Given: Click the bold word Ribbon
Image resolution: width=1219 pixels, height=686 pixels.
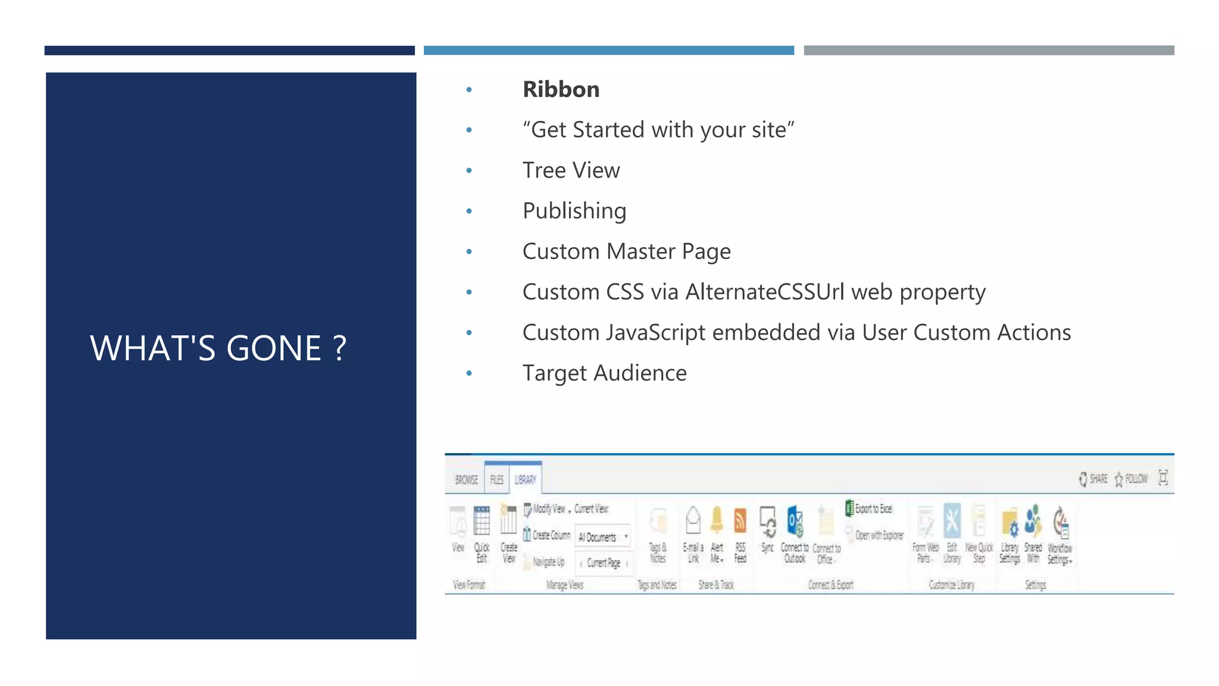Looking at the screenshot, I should click(x=561, y=89).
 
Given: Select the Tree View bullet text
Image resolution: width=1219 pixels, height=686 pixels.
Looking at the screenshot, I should click(x=571, y=170).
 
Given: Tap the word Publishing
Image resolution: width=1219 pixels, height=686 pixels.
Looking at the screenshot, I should click(x=574, y=211).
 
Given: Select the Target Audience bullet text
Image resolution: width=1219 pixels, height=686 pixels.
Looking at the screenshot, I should click(x=604, y=373).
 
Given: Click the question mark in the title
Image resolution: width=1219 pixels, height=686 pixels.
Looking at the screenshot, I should click(x=339, y=348).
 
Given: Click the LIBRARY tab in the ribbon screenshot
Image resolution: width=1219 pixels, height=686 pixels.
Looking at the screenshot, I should click(x=525, y=479).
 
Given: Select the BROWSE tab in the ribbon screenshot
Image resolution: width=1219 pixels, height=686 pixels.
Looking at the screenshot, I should click(x=466, y=479).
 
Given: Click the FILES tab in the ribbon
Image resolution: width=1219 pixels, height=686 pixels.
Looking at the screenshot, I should click(x=496, y=479).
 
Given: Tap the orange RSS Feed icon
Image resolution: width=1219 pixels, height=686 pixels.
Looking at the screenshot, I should click(x=740, y=521).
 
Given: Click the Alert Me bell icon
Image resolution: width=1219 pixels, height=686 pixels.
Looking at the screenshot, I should click(x=717, y=520).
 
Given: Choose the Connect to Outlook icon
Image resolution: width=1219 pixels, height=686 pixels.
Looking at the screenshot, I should click(x=795, y=521).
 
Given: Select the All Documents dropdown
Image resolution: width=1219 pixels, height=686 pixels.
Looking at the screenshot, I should click(x=602, y=537).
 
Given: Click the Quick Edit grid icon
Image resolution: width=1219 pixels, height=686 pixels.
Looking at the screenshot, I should click(x=482, y=521).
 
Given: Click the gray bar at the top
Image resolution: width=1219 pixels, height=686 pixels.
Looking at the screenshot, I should click(x=989, y=51).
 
